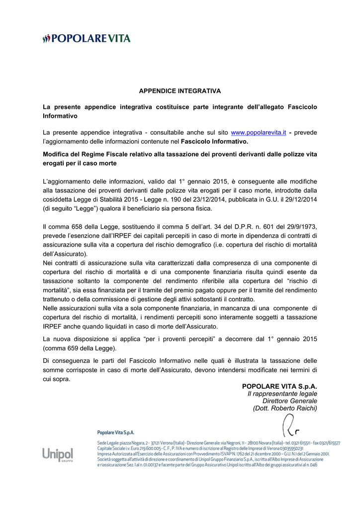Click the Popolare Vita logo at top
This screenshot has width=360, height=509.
(x=87, y=38)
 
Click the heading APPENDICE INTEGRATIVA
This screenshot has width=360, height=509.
(x=180, y=91)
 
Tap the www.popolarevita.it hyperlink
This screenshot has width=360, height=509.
(x=259, y=132)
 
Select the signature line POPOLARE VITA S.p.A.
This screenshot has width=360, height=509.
(x=279, y=386)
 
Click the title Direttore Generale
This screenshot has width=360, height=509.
(x=289, y=401)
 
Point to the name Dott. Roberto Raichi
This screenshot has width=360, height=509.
(x=285, y=408)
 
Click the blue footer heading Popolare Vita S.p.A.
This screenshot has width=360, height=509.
(x=116, y=432)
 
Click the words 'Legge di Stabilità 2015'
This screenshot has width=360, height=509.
(x=104, y=199)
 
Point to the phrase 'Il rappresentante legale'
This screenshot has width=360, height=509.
(x=282, y=394)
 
